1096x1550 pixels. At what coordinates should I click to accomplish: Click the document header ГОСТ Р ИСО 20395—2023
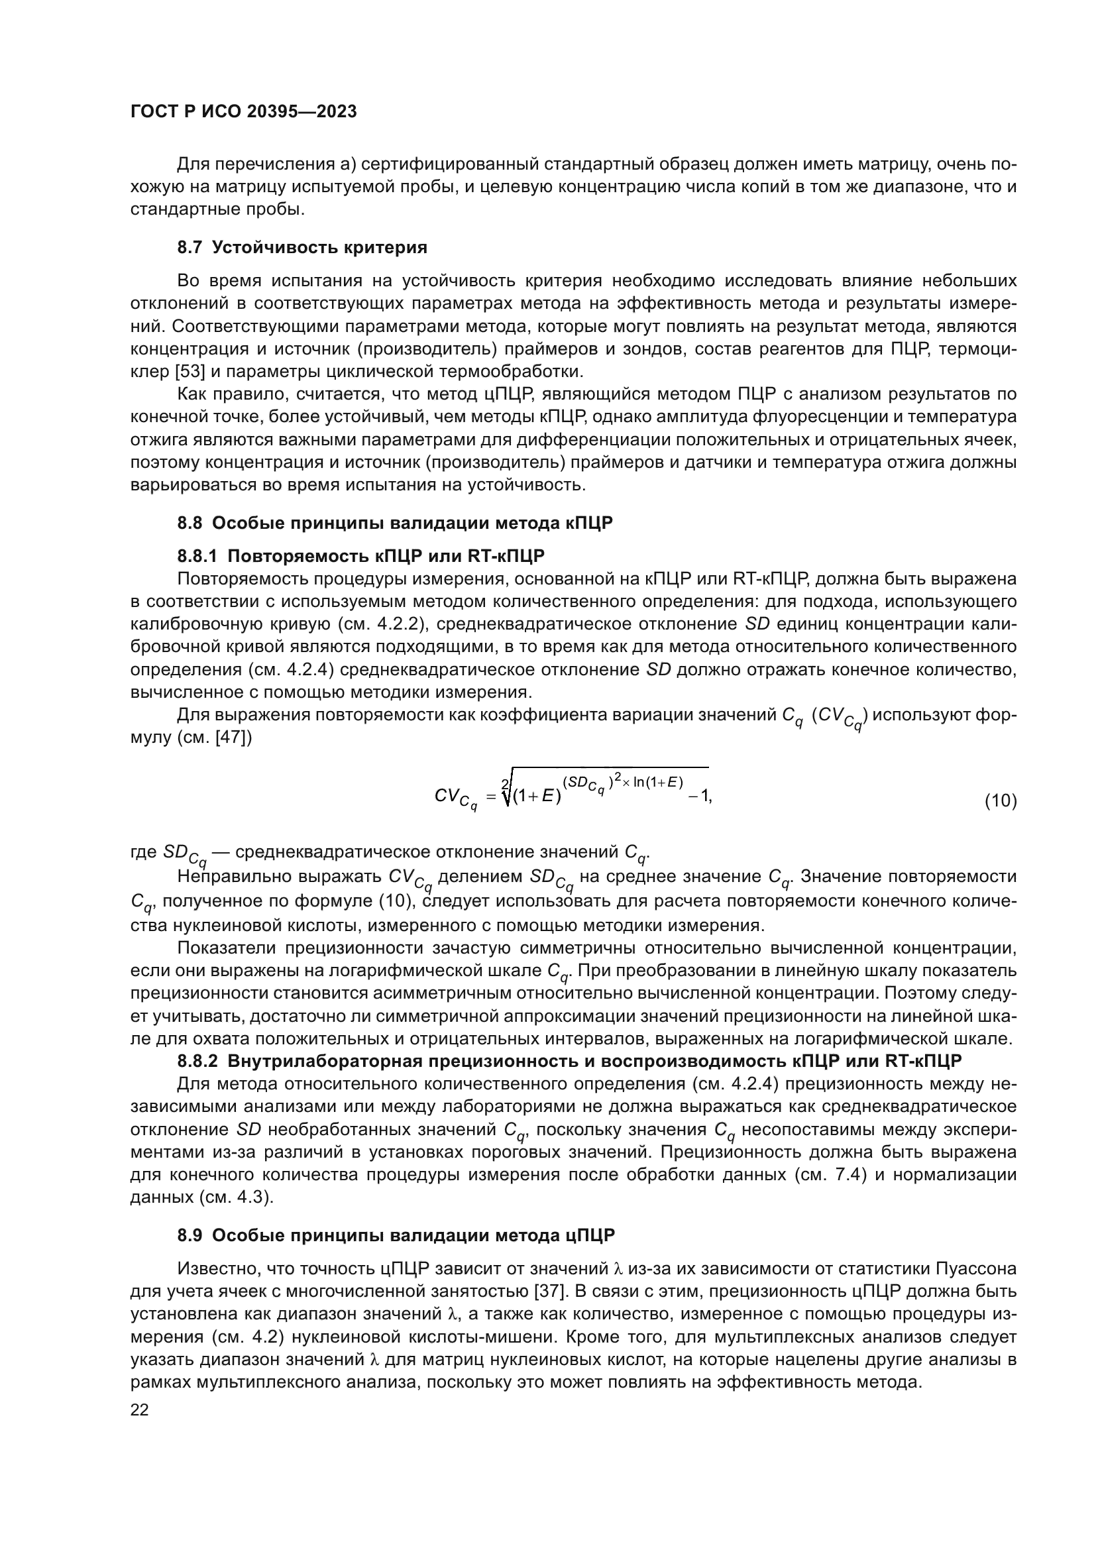pos(244,111)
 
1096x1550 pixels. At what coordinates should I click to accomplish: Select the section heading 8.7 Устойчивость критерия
pos(301,247)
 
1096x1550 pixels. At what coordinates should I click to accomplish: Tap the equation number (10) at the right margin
pos(1000,801)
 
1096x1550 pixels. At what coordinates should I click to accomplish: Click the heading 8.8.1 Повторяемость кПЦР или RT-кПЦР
pos(360,555)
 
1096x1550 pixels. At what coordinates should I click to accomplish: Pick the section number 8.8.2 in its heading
pos(197,1079)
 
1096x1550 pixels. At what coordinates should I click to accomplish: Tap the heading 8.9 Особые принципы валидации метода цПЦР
pos(396,1235)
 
